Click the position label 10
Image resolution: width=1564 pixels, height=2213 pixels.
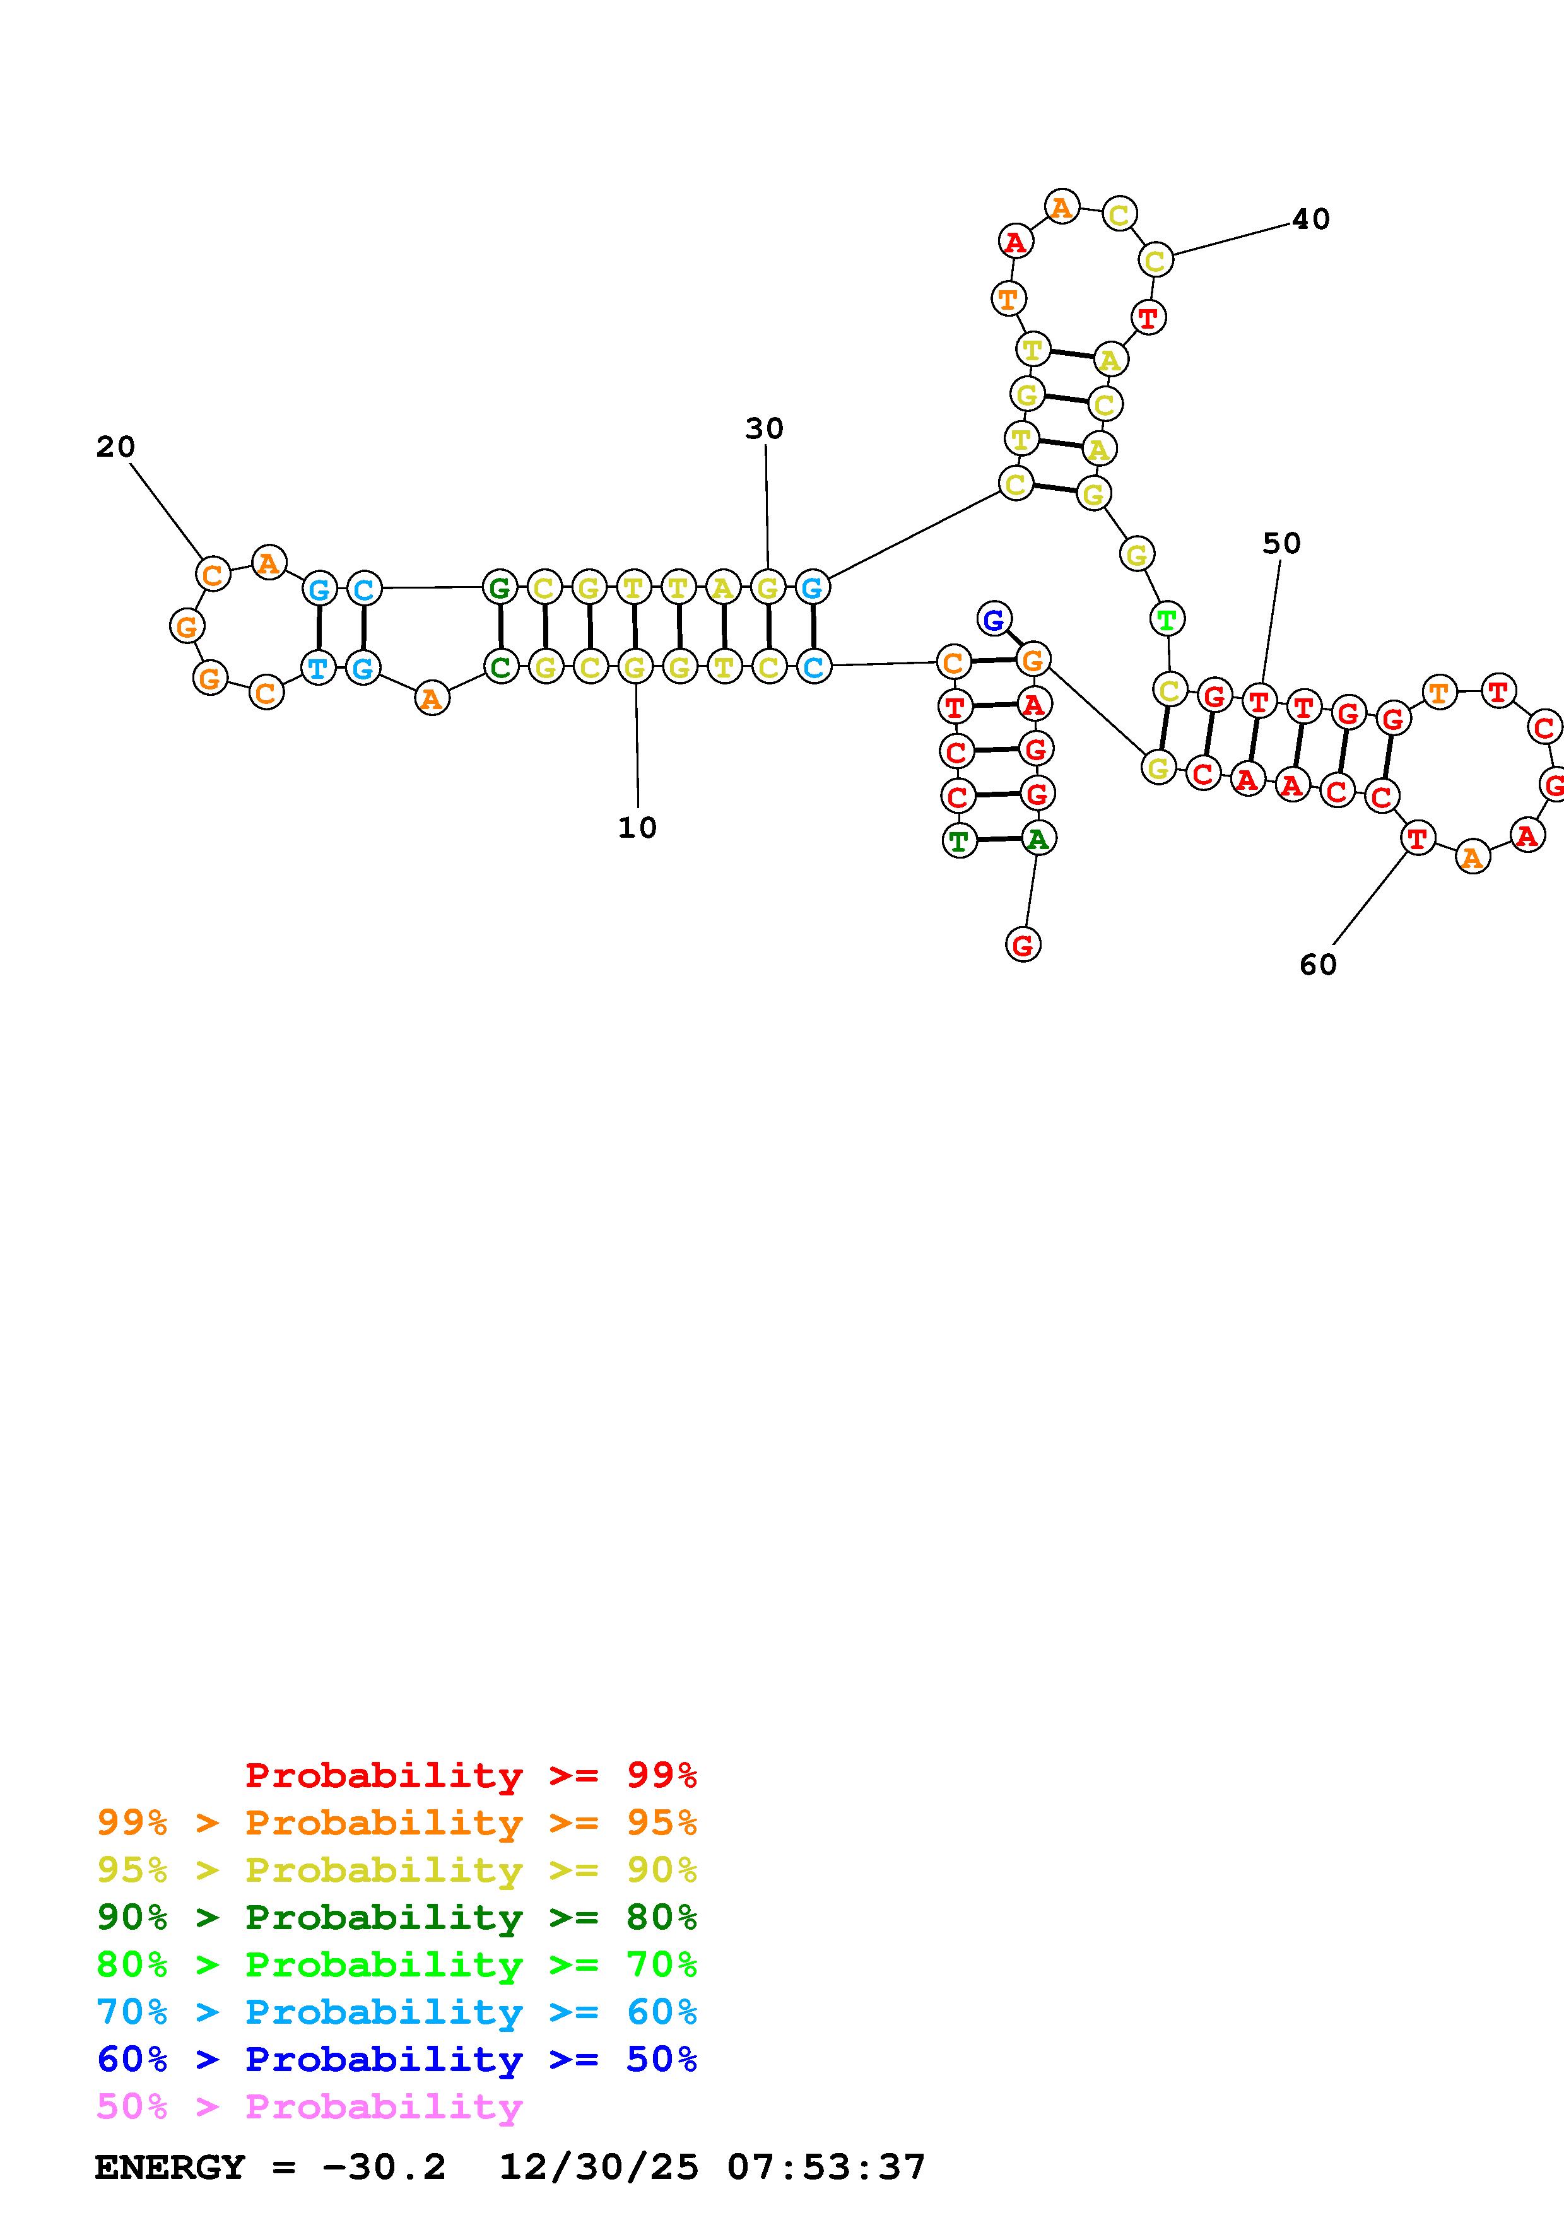click(637, 827)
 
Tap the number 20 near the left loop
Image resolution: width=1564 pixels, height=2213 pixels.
click(115, 446)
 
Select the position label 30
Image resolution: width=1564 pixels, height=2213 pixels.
click(764, 428)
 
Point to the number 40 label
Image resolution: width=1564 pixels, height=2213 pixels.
click(1310, 220)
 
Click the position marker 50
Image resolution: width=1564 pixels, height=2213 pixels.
click(1281, 544)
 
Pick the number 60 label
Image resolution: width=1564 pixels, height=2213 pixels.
click(1319, 964)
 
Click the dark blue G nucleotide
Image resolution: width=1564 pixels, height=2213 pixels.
click(994, 619)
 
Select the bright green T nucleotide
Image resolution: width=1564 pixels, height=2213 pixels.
click(1167, 619)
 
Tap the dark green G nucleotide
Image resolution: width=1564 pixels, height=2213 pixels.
click(499, 587)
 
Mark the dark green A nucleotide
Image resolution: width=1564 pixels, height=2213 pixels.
click(1038, 838)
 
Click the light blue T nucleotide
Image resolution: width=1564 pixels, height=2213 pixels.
click(318, 667)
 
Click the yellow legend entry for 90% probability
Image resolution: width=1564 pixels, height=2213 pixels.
click(397, 1869)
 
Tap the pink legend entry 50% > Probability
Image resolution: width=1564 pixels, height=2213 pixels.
click(309, 2106)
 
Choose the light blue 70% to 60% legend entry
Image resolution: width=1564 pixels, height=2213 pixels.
click(397, 2012)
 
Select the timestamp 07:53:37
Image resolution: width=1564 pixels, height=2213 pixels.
click(826, 2168)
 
